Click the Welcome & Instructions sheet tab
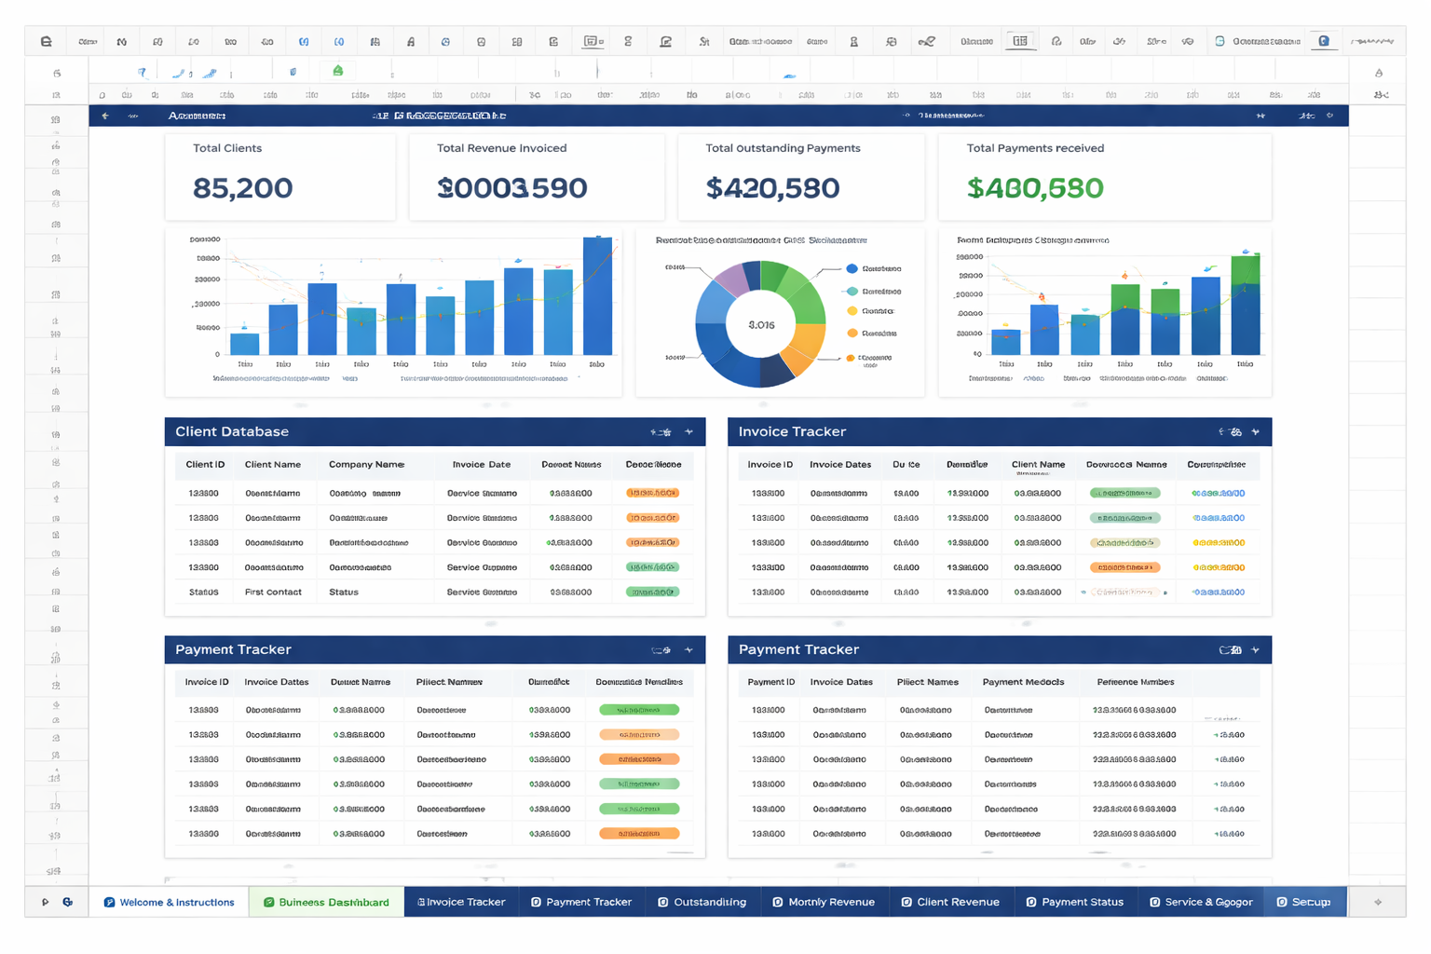tap(169, 902)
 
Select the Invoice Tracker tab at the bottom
tap(461, 902)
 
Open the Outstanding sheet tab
tap(702, 902)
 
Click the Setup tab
tap(1304, 902)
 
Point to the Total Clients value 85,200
tap(242, 188)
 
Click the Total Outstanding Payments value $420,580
tap(772, 188)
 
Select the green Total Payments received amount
tap(1034, 188)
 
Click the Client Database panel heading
tap(232, 431)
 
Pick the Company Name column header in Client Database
tap(366, 464)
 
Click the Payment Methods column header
tap(1023, 682)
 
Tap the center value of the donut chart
tap(761, 325)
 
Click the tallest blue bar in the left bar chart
tap(597, 296)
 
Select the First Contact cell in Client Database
tap(273, 592)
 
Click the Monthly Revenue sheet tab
tap(824, 902)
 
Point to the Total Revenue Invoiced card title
tap(501, 148)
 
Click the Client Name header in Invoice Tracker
tap(1038, 464)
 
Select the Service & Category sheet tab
tap(1201, 902)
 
